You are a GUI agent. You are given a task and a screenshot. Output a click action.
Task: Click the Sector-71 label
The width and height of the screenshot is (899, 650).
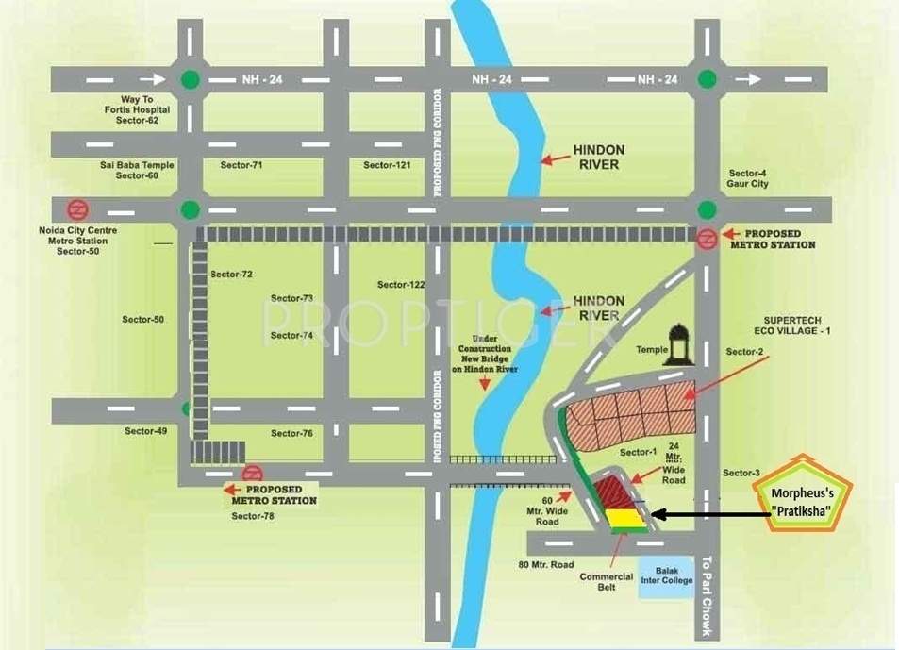click(241, 165)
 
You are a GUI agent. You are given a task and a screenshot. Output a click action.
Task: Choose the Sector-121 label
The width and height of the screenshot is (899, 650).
click(388, 165)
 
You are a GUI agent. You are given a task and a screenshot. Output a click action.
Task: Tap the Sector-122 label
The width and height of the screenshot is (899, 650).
click(401, 284)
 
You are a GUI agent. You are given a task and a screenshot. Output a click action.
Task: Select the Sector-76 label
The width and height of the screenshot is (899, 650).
click(291, 433)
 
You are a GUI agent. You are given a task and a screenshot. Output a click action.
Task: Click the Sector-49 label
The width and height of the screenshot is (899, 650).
click(145, 431)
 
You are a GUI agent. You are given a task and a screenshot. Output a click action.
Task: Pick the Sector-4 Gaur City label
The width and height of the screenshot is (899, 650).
click(748, 178)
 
